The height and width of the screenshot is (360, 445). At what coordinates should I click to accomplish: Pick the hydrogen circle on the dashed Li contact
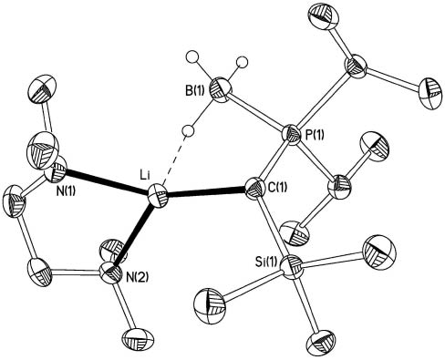(x=186, y=128)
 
